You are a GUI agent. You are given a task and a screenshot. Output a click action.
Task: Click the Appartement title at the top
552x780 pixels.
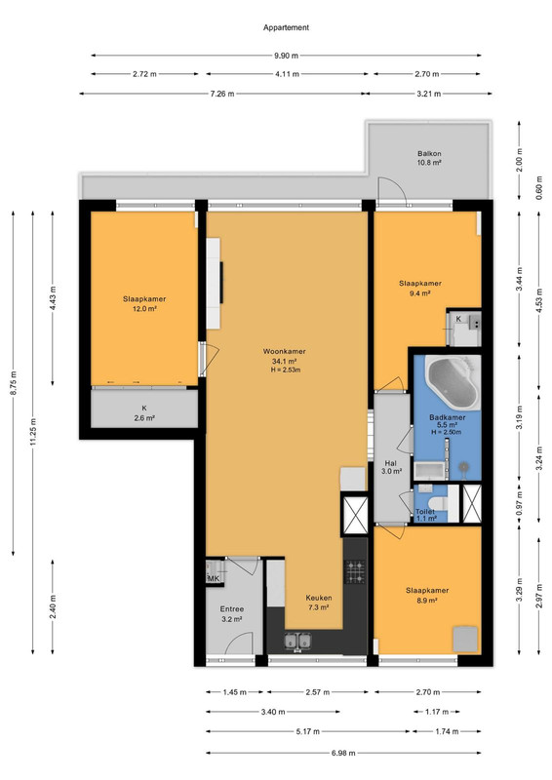point(286,28)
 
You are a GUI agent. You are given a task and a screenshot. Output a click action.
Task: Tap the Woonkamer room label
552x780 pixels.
point(284,351)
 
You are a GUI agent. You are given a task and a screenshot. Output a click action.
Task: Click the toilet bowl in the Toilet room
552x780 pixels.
point(438,503)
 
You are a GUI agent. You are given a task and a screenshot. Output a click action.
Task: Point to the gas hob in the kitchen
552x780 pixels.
point(355,571)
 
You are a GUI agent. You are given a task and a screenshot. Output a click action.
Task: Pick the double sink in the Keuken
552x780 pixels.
point(297,641)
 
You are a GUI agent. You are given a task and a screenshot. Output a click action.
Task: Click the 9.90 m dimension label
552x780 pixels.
point(286,56)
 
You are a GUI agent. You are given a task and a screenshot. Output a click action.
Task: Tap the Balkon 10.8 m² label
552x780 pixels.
point(429,158)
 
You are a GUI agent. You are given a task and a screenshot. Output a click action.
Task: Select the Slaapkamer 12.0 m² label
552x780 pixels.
point(144,304)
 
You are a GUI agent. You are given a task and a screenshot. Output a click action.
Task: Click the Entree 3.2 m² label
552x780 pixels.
point(232,614)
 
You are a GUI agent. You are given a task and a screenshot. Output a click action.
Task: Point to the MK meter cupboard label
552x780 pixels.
point(214,578)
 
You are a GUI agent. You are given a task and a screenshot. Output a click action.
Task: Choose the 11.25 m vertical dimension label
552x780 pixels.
point(33,432)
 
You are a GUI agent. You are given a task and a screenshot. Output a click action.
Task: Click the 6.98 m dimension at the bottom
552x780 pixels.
point(343,753)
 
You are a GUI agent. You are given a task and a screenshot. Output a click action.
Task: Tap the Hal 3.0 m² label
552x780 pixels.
point(391,467)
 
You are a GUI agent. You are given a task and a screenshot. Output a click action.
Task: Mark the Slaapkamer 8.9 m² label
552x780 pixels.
point(427,596)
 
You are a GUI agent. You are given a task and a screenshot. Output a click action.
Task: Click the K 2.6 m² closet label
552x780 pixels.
point(144,413)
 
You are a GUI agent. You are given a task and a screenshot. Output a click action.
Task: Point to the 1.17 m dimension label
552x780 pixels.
point(437,712)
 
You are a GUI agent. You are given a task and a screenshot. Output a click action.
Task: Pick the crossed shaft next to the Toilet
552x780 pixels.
point(472,503)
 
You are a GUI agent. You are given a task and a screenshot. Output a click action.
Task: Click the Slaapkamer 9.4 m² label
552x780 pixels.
point(420,289)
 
